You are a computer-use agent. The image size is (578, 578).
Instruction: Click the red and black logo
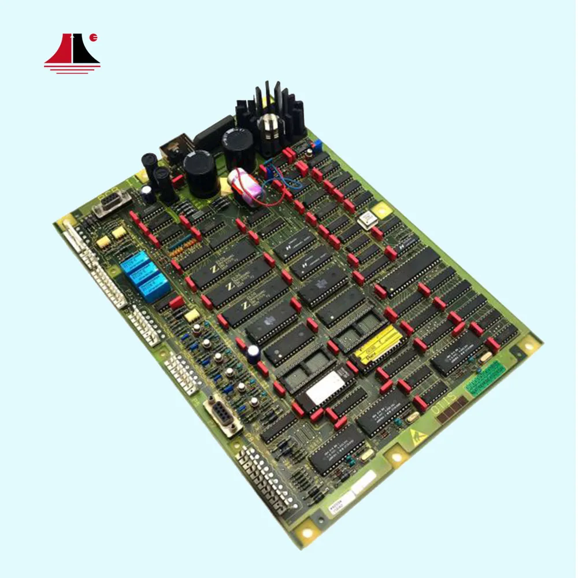(72, 53)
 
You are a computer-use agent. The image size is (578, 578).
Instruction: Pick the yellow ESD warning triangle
(418, 435)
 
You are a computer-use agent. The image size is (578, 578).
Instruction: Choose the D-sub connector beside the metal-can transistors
(223, 413)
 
